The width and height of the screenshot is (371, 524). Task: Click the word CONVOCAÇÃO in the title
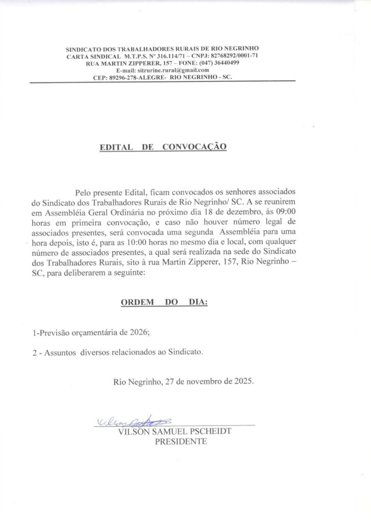(194, 147)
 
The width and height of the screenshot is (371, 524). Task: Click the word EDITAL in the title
(116, 147)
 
